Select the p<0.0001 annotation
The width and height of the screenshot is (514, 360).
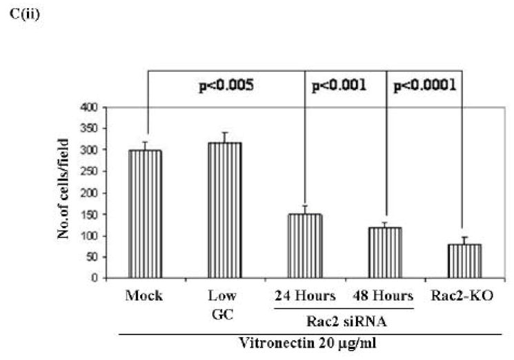[x=424, y=87]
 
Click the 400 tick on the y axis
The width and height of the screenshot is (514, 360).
[x=89, y=107]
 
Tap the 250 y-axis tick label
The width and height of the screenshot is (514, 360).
[x=89, y=171]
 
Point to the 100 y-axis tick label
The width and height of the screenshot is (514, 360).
[x=89, y=236]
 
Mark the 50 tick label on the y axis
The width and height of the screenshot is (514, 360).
[x=91, y=257]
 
